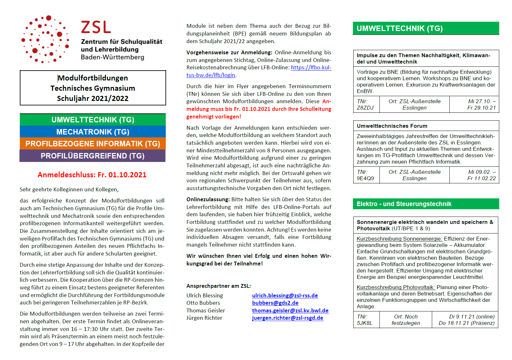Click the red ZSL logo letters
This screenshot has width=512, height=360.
96,27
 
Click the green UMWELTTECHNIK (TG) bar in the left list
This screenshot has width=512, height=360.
93,120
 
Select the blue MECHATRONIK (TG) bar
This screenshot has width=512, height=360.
93,132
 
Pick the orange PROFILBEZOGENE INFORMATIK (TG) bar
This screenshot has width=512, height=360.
93,144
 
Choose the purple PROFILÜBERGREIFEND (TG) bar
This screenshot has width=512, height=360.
93,156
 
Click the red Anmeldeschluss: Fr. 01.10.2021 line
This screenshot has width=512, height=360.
92,175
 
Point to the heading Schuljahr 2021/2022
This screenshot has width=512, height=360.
93,98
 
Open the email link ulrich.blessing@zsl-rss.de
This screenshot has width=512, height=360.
285,295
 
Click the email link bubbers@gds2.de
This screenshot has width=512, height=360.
275,303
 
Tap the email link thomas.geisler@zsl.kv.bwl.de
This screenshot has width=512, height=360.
290,310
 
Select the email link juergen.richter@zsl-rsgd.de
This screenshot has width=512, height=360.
287,318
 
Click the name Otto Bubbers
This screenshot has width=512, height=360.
203,303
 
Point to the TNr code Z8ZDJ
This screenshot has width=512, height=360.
365,108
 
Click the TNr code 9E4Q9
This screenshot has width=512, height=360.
365,178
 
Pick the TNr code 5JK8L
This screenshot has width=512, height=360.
364,323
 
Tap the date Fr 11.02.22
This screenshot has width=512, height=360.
481,178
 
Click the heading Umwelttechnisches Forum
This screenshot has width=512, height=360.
392,126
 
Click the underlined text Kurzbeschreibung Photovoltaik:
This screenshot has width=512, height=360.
396,287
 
